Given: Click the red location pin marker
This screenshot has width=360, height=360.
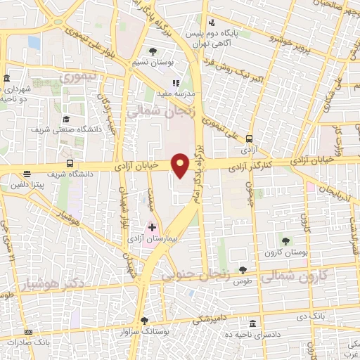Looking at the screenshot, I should point(181,165).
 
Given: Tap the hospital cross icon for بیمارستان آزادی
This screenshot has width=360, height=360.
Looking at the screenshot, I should point(152,227).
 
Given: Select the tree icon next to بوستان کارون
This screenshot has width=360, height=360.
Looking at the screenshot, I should point(285,241).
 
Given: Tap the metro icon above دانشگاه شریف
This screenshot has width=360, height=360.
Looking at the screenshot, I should point(27,174).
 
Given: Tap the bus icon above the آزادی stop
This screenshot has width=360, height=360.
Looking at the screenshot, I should point(250,138).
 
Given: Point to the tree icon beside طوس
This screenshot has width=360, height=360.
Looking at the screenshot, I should point(243,269).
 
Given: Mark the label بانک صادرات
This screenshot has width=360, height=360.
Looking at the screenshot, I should point(27,343).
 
